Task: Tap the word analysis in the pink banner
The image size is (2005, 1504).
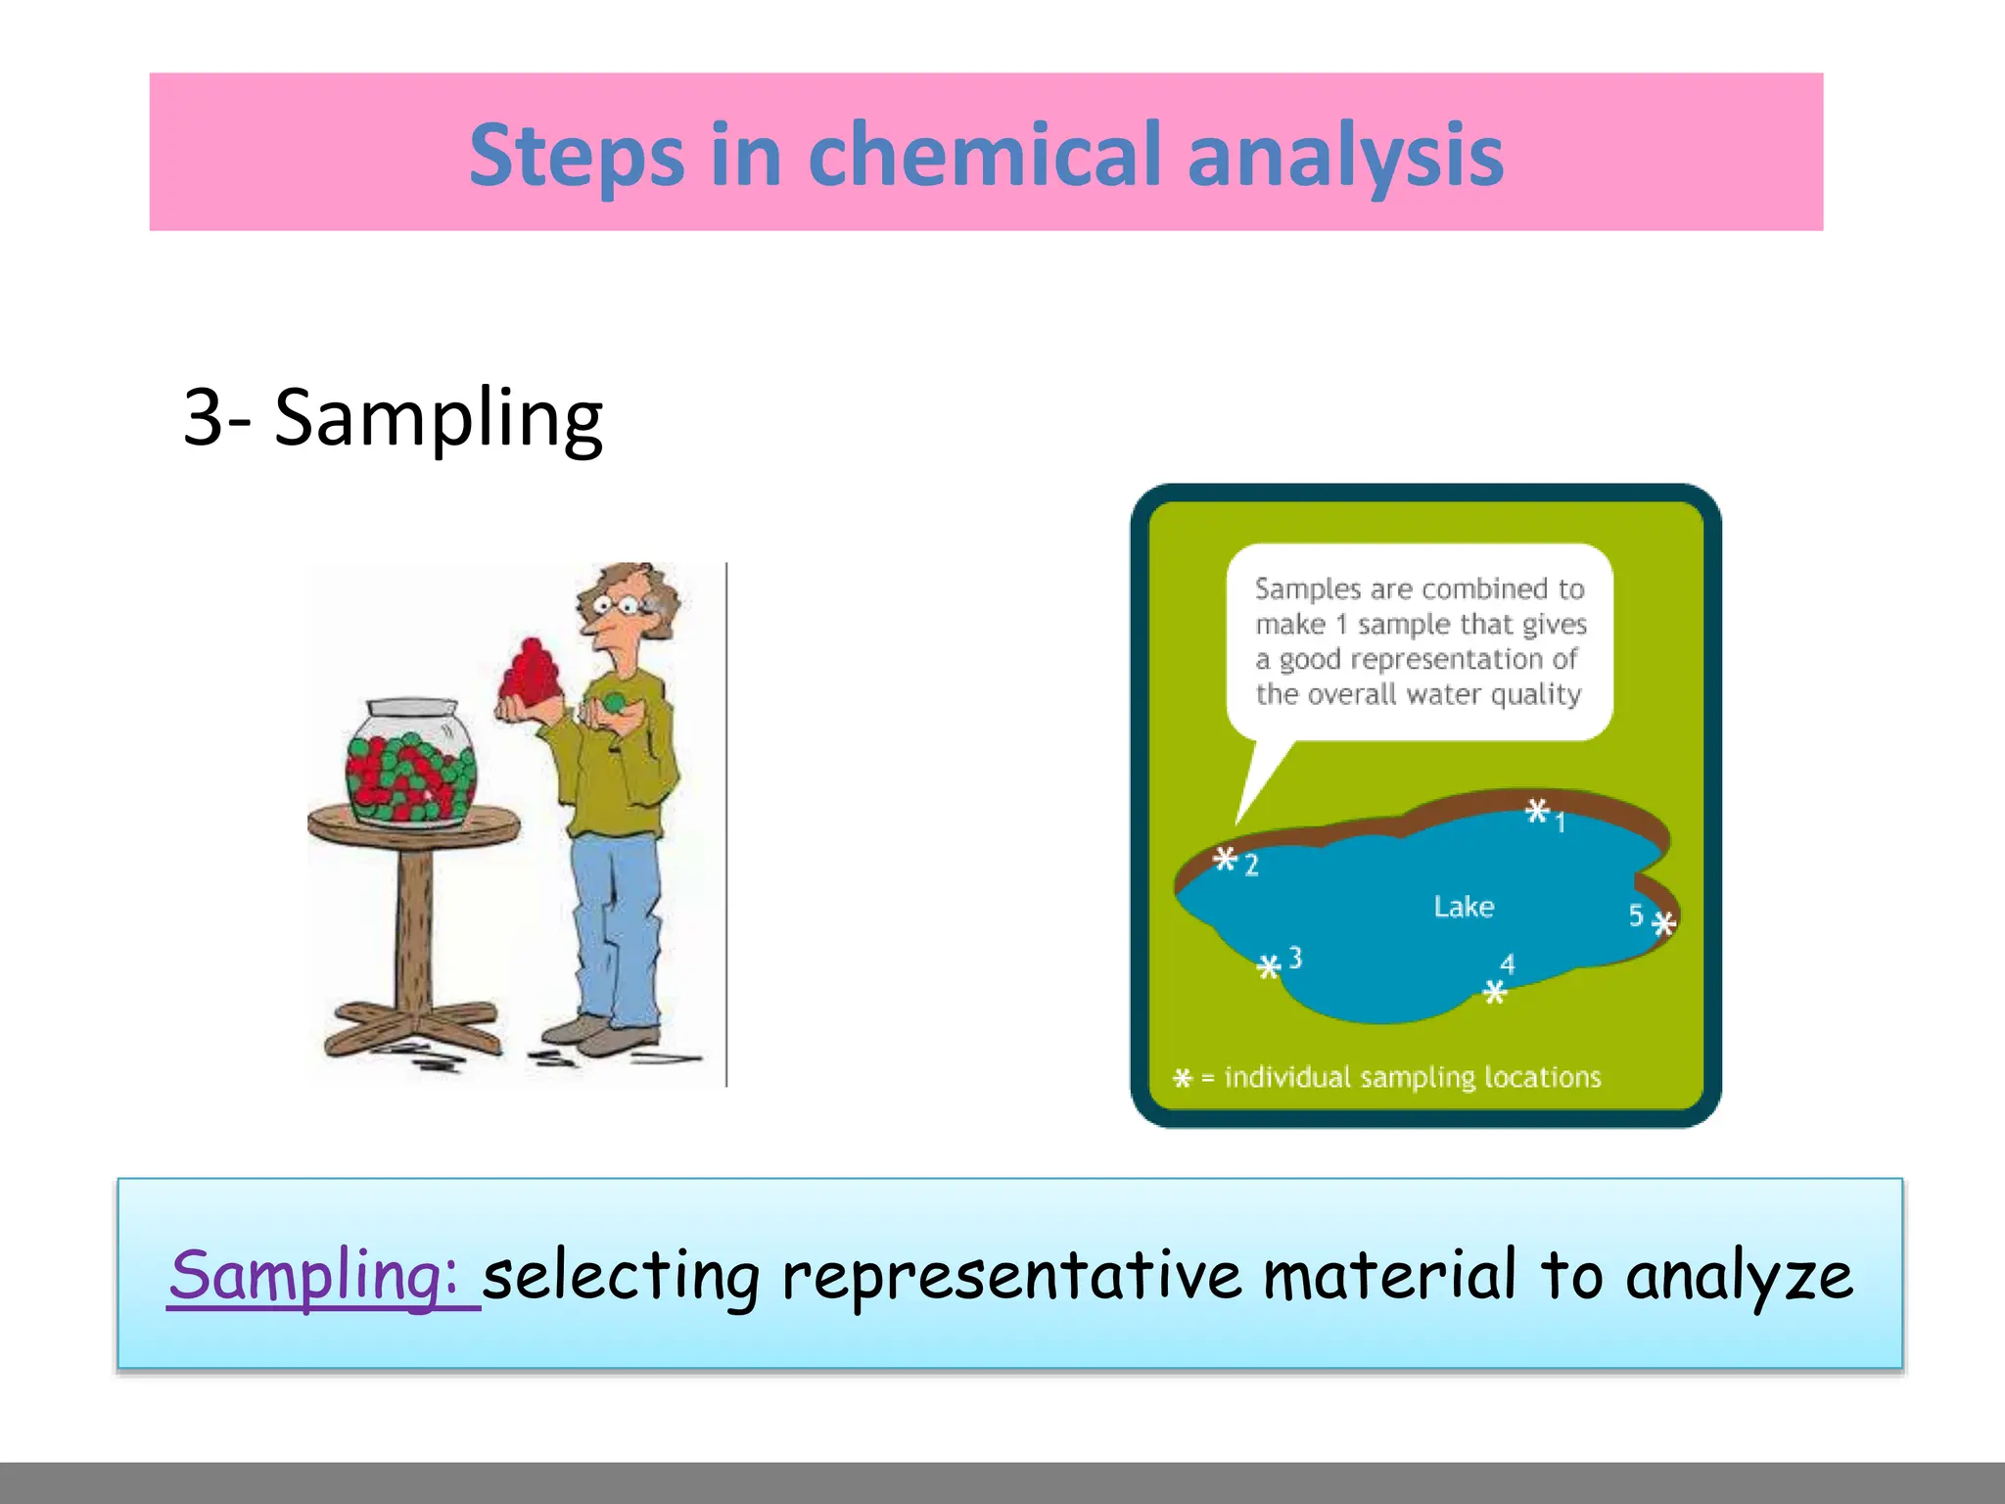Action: pos(1345,156)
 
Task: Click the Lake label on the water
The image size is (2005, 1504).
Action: pos(1464,907)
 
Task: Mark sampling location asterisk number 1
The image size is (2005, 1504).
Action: pos(1537,811)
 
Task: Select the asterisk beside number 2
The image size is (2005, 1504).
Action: pos(1225,860)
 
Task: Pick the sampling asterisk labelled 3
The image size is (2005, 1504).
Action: pos(1269,967)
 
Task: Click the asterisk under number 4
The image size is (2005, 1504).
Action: pos(1494,993)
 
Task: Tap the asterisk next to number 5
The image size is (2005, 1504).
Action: pos(1664,922)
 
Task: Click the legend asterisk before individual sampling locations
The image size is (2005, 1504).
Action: pos(1183,1079)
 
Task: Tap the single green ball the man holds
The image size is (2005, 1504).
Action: pos(614,702)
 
